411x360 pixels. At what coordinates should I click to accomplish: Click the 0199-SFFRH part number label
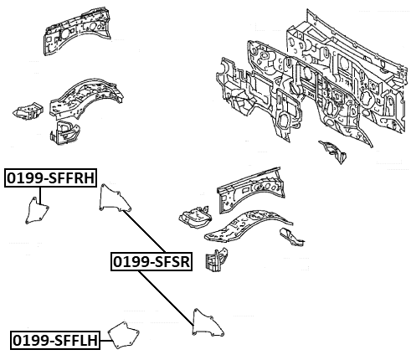point(50,177)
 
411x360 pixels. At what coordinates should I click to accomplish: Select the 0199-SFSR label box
point(152,261)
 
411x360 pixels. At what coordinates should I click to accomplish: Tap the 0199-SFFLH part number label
point(55,340)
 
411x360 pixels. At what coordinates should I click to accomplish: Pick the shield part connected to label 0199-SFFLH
point(124,335)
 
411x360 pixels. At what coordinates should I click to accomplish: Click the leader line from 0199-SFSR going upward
point(144,231)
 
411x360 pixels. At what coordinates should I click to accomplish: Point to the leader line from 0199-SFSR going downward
point(166,298)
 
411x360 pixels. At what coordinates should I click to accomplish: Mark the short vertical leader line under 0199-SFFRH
point(40,196)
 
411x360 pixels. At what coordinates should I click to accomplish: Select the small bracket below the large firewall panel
point(333,152)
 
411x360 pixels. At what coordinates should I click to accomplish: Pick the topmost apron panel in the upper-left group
point(77,31)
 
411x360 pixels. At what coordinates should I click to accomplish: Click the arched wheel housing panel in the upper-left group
point(86,99)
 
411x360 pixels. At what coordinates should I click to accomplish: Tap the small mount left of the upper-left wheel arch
point(28,111)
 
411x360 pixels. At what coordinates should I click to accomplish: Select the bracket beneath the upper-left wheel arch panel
point(64,132)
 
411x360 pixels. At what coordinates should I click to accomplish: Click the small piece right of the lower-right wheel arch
point(292,237)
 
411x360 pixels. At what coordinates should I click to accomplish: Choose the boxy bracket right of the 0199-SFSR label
point(217,259)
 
